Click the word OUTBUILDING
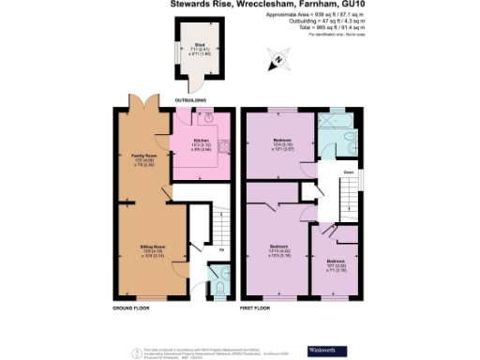click(190, 98)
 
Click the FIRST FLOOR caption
click(255, 307)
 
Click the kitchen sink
click(206, 117)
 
